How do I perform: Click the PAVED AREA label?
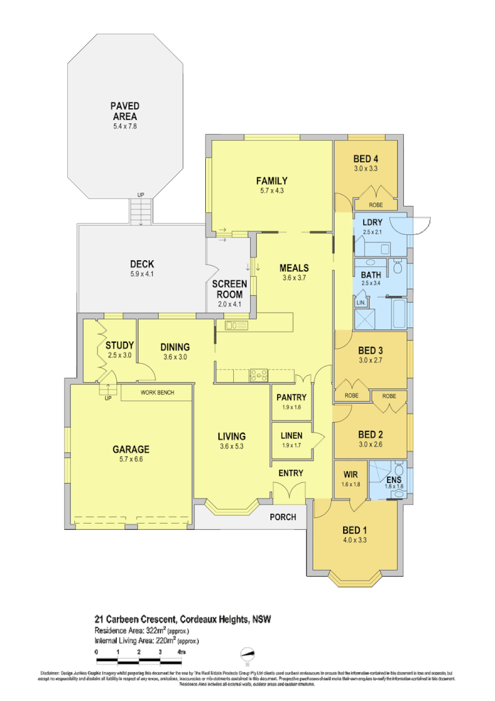124,111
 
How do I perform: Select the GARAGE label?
131,449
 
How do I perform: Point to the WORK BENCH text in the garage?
157,393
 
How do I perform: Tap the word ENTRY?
291,473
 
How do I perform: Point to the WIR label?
349,474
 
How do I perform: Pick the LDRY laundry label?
371,223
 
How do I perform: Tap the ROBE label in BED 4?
376,205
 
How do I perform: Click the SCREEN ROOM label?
230,289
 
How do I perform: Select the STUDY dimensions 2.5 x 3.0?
119,355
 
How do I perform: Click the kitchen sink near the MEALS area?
235,325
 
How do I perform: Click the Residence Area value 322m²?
165,630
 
